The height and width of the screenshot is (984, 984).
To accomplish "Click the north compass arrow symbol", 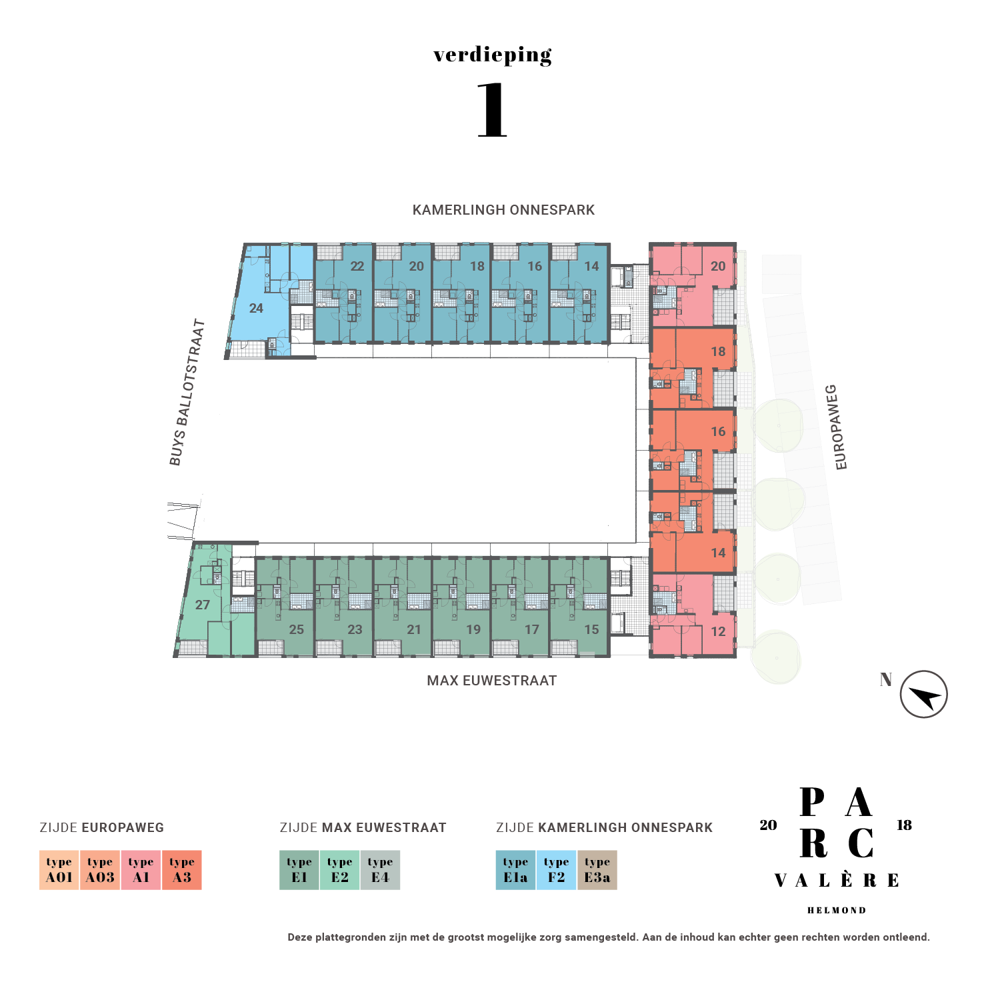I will point(923,695).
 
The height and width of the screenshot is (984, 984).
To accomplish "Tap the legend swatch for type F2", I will point(556,870).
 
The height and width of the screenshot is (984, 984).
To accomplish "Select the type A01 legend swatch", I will point(59,870).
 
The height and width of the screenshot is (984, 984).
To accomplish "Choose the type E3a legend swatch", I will point(597,870).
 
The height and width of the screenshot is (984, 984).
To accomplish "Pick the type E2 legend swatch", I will point(340,870).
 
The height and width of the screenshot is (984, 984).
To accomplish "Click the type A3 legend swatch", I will point(182,870).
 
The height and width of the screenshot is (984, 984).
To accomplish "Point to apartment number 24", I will point(256,309).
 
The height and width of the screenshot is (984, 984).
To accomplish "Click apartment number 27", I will point(203,605).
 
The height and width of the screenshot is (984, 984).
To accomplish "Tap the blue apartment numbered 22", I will point(357,267).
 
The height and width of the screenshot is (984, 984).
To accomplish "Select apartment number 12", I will point(718,632).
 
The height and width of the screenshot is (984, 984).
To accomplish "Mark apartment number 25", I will point(297,629).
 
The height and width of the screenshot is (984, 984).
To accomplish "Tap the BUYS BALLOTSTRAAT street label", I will point(187,393).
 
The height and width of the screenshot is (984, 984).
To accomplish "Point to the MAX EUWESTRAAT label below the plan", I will point(491,681).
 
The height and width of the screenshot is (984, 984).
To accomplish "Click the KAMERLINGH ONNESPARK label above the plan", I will point(503,210).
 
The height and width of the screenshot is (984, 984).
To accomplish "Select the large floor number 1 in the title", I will point(493,111).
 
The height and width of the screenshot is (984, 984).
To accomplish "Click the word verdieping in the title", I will point(493,55).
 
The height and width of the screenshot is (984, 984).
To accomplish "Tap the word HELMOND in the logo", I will point(836,910).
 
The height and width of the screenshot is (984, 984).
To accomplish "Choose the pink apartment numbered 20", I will point(718,267).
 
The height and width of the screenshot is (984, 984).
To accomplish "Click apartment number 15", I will point(591,629).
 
